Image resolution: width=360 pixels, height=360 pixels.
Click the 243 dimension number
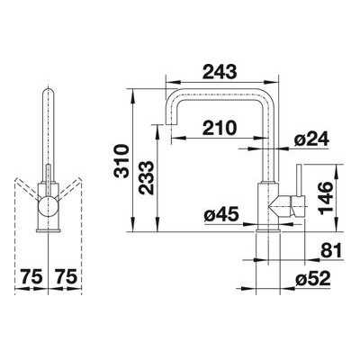(x=220, y=72)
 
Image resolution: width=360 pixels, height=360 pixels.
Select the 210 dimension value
(x=220, y=128)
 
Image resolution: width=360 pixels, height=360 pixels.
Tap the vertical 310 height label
(x=121, y=161)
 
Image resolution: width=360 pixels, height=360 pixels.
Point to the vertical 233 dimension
(x=146, y=178)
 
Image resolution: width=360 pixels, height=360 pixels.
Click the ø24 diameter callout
(x=311, y=139)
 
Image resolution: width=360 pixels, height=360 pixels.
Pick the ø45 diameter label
(x=221, y=215)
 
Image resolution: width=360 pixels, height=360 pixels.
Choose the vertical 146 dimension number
(x=326, y=198)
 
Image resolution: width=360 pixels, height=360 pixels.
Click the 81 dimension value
(x=331, y=250)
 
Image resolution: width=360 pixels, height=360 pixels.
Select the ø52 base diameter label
(x=313, y=279)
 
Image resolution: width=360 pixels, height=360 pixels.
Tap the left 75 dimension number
(x=31, y=276)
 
